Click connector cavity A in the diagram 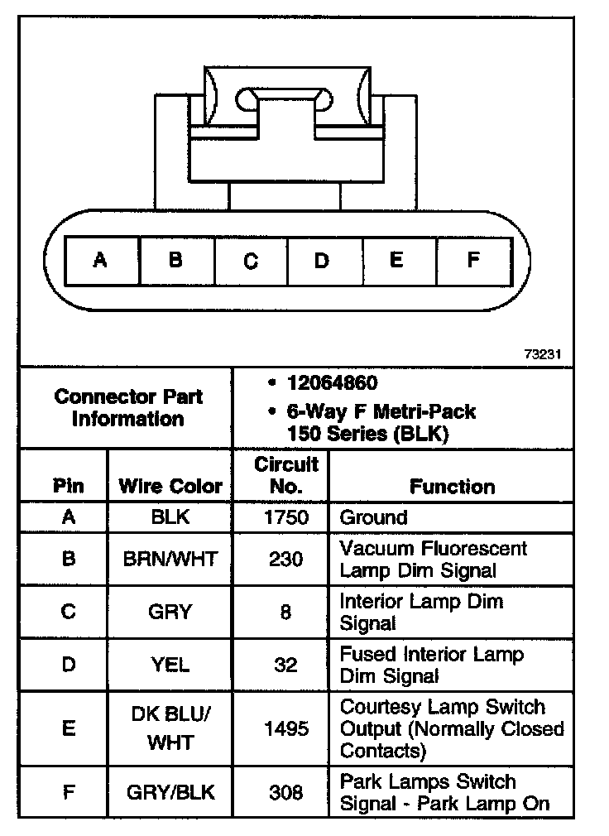tap(101, 261)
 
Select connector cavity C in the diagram tap(251, 261)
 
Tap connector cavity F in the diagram tap(472, 261)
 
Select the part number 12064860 tap(332, 383)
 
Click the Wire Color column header tap(170, 486)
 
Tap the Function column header tap(452, 486)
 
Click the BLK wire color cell tap(170, 517)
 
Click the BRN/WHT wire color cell tap(170, 559)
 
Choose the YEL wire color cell tap(170, 664)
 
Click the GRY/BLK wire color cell tap(170, 792)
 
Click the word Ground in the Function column tap(374, 517)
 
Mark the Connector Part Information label tap(128, 407)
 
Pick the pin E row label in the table tap(69, 728)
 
